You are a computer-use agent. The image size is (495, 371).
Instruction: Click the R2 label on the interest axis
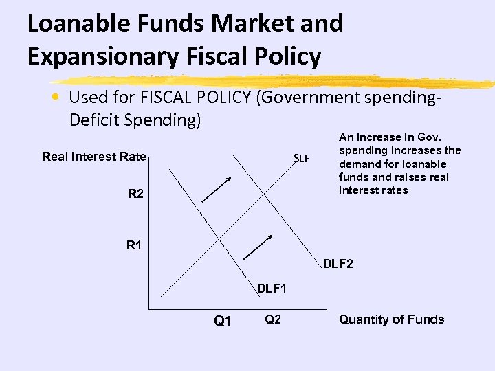pyautogui.click(x=135, y=194)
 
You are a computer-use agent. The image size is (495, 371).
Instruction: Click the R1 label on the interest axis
pyautogui.click(x=135, y=245)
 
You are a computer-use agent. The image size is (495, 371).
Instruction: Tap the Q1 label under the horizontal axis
pyautogui.click(x=223, y=321)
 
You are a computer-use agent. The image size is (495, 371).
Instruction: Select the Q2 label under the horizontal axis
pyautogui.click(x=272, y=319)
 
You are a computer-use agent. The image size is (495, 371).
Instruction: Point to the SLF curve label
pyautogui.click(x=302, y=159)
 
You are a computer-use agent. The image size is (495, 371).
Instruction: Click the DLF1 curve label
pyautogui.click(x=272, y=289)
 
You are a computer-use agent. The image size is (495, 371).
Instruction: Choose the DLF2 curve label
pyautogui.click(x=338, y=263)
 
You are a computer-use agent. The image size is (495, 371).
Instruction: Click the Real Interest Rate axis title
pyautogui.click(x=94, y=157)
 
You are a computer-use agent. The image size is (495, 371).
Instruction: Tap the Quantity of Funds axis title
pyautogui.click(x=392, y=319)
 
